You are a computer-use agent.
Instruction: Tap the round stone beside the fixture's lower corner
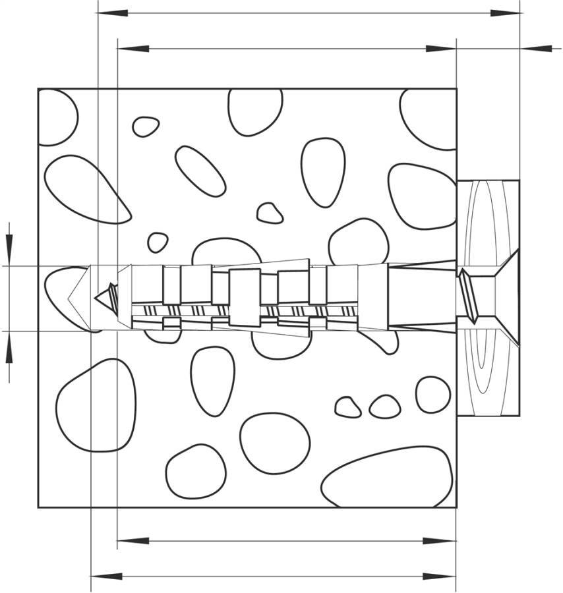click(x=433, y=394)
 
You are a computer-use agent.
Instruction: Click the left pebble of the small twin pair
click(x=347, y=407)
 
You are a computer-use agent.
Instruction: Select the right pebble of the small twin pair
click(x=384, y=407)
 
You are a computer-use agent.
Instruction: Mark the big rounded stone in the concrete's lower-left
click(x=96, y=405)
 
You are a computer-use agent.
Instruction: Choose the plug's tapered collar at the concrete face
click(x=422, y=296)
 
